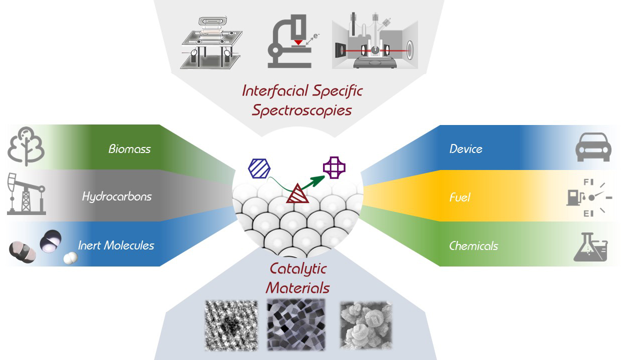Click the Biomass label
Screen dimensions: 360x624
click(x=129, y=149)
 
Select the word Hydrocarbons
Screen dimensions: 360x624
click(x=116, y=196)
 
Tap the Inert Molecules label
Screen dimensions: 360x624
click(x=116, y=245)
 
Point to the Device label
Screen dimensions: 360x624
click(x=465, y=149)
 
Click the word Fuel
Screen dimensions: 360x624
click(x=459, y=197)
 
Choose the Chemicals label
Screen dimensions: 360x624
click(x=473, y=246)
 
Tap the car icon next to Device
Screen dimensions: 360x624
click(x=593, y=147)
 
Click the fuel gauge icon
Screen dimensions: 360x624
click(x=588, y=197)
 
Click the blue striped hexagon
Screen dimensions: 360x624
click(x=259, y=167)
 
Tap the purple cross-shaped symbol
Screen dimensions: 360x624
click(x=334, y=167)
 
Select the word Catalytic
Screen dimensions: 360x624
click(x=298, y=269)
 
